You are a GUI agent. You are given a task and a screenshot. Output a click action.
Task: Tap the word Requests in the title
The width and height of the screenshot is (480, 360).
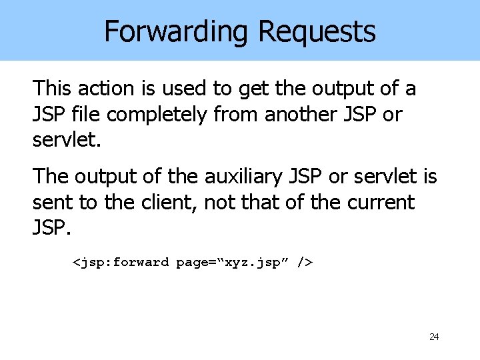coord(317,31)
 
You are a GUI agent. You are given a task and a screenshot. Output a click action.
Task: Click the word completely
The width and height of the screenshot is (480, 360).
coord(157,115)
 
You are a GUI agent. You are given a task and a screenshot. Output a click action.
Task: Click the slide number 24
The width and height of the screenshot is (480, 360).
coord(434,337)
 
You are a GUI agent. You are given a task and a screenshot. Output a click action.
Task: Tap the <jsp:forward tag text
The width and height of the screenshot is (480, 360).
coord(121,263)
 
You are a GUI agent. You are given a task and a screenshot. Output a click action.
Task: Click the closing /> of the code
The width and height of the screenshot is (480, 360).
coord(305,263)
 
